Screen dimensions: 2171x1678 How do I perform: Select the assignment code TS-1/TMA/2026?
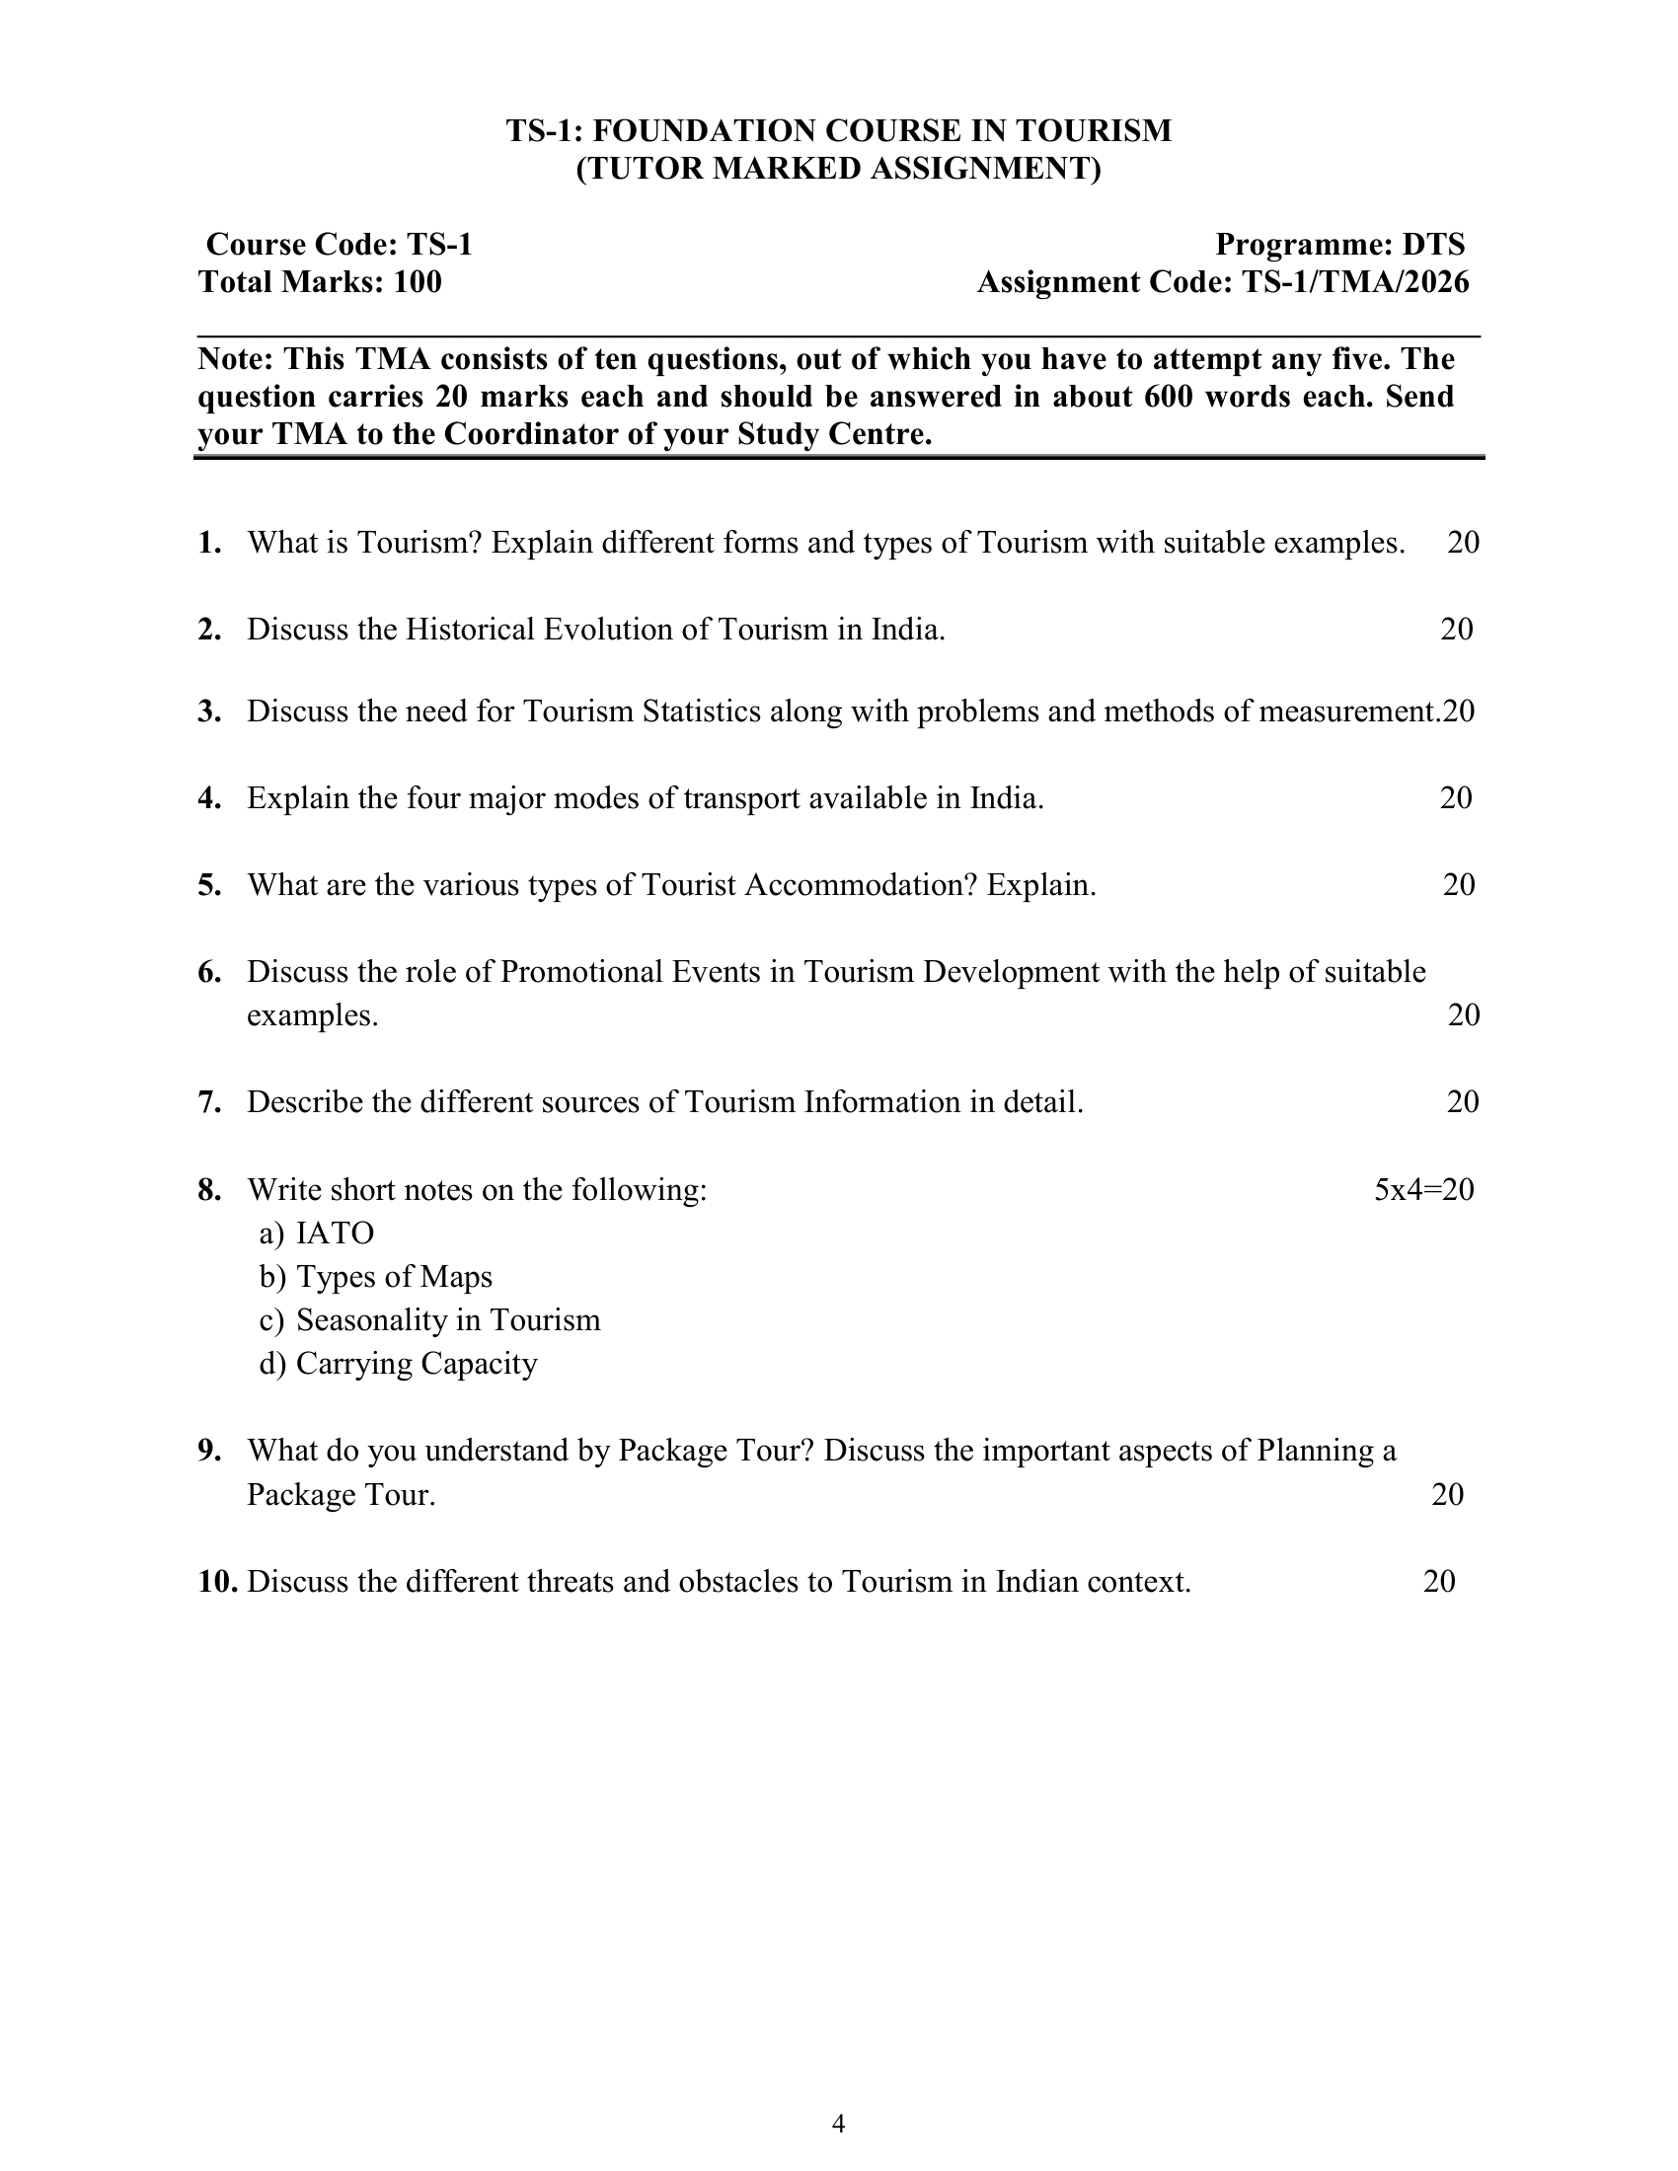point(1355,282)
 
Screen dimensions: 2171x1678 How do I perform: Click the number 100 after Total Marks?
point(418,282)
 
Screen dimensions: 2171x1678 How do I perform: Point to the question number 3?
point(208,711)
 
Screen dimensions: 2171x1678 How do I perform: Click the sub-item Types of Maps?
point(394,1276)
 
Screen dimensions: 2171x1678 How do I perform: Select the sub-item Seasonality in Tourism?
point(448,1320)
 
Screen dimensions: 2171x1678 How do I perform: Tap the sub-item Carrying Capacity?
point(417,1364)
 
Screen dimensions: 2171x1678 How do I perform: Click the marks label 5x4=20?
point(1423,1190)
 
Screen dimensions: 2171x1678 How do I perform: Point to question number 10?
point(217,1582)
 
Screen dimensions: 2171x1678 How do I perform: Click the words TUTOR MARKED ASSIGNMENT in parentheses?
point(839,169)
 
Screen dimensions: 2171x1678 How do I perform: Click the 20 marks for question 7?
point(1462,1102)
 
